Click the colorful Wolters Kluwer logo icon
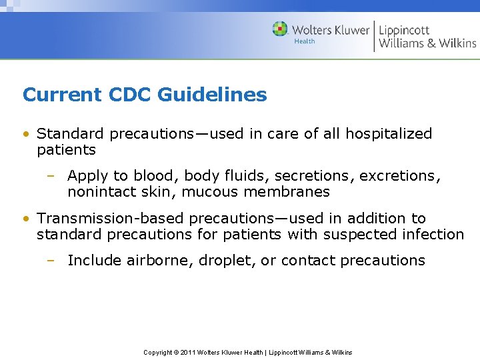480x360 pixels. [x=281, y=29]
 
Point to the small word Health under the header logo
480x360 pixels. [x=305, y=41]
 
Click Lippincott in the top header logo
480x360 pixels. [x=405, y=30]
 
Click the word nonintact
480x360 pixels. [x=97, y=192]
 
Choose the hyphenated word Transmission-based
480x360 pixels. [x=111, y=218]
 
